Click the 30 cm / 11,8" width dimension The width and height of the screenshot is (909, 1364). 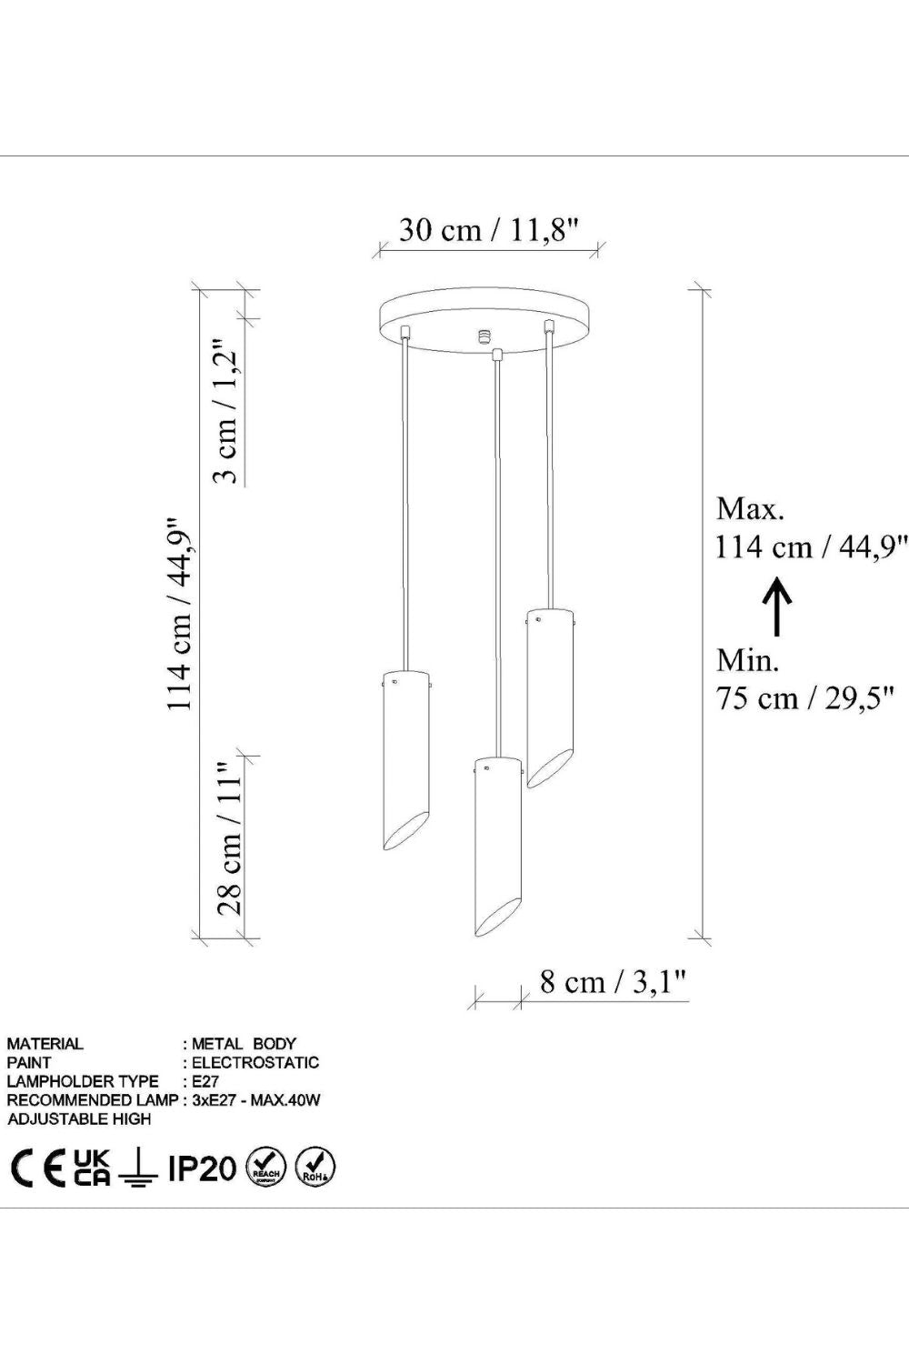click(x=488, y=230)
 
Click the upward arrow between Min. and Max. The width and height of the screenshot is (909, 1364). click(x=777, y=607)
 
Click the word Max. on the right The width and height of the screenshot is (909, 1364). click(x=750, y=509)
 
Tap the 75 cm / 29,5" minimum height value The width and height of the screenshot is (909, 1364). click(x=804, y=697)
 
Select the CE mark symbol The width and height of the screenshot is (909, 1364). click(x=38, y=1168)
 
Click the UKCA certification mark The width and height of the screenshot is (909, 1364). click(x=92, y=1168)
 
